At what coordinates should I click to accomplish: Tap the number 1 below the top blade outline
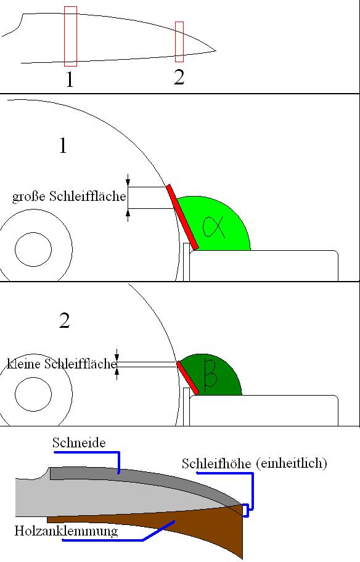70,79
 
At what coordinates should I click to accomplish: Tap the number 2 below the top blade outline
179,76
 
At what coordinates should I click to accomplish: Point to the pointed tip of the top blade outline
216,51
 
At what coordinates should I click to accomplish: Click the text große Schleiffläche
69,197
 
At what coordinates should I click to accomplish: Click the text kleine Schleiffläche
62,364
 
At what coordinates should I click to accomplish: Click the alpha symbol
213,227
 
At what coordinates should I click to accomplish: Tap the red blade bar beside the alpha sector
182,217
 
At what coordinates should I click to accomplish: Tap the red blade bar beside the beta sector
188,378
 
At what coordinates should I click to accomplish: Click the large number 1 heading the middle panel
63,145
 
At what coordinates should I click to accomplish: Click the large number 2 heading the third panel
64,320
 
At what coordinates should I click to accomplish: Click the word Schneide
79,442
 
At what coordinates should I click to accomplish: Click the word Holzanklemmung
66,531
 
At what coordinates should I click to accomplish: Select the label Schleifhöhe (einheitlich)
254,463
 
